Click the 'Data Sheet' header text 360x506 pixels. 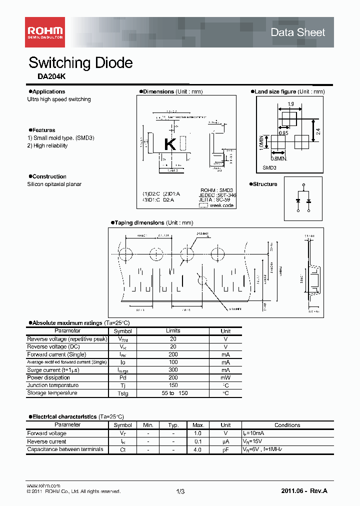297,32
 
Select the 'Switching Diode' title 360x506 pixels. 80,63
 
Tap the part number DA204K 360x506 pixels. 51,77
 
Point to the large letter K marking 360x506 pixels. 170,144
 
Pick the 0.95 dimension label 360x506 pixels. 283,133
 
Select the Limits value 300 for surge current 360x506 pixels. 173,370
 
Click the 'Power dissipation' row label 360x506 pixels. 48,377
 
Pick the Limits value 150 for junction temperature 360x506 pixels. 173,385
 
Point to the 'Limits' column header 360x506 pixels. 173,331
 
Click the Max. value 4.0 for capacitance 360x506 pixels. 197,449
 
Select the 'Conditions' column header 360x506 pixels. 287,425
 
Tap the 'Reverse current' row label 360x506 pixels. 46,441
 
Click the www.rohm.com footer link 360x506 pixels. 43,486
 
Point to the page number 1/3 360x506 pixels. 180,492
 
